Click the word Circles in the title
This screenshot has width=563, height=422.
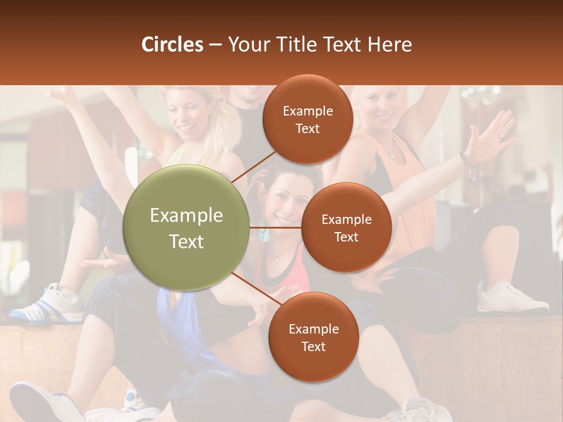pos(172,45)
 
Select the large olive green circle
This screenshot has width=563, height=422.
pos(186,227)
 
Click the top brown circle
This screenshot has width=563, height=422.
pos(307,120)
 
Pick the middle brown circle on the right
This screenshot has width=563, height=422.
pos(346,227)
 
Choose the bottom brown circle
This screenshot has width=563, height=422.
pos(313,337)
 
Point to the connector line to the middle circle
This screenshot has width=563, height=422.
pos(275,227)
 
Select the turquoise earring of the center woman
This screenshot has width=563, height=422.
pos(263,234)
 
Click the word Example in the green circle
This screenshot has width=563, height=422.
pos(186,216)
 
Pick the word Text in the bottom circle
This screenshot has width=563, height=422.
pos(313,346)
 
